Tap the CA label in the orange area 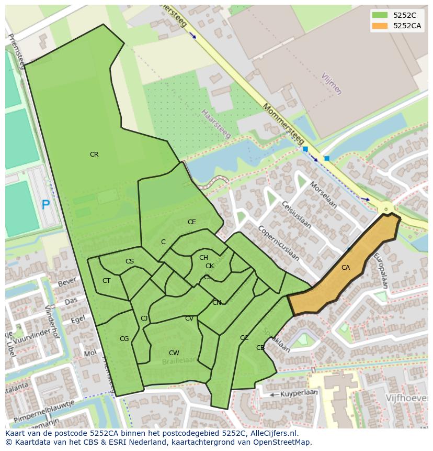[x=346, y=268]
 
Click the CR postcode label [x=94, y=155]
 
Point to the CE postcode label [x=192, y=222]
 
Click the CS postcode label [x=130, y=261]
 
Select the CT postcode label [x=107, y=281]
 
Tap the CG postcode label [x=124, y=339]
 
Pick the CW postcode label [x=174, y=353]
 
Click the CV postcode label [x=189, y=318]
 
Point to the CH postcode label [x=203, y=257]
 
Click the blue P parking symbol [x=45, y=205]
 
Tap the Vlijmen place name [x=332, y=84]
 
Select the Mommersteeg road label [x=283, y=124]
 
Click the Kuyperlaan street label [x=299, y=393]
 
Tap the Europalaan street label [x=380, y=271]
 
